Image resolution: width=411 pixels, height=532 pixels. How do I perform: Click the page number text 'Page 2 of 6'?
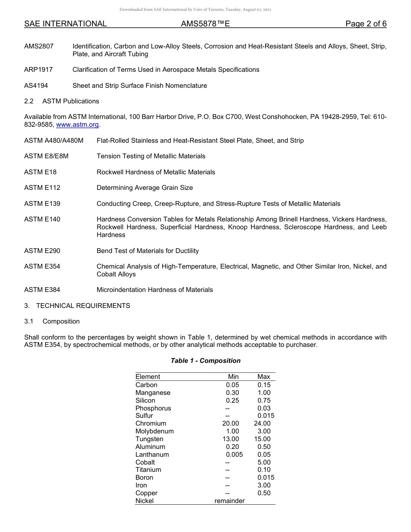[366, 24]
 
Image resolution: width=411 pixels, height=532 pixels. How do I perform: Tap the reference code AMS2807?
[39, 46]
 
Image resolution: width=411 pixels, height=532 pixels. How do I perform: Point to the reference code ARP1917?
[39, 70]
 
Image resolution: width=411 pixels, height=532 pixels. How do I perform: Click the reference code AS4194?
[36, 86]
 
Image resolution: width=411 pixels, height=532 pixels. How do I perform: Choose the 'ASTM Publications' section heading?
[71, 101]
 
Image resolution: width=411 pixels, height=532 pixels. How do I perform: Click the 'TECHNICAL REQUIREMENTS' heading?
[83, 306]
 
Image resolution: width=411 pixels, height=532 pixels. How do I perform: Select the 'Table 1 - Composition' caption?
[205, 361]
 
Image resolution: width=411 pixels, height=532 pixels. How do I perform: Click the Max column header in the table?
[263, 377]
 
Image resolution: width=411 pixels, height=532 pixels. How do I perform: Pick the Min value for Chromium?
[230, 423]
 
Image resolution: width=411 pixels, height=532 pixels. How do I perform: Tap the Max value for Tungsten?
[262, 439]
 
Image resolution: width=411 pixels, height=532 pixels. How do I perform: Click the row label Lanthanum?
[152, 455]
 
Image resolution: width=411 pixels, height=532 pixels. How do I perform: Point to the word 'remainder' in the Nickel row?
[229, 501]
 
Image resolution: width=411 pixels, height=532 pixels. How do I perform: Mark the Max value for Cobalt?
[264, 462]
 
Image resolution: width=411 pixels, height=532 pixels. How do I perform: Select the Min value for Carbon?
[232, 385]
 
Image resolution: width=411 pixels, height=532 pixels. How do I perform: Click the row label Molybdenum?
[154, 431]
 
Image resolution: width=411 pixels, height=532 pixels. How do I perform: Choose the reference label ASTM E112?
[42, 188]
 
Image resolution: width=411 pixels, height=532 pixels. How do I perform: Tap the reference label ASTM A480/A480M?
[54, 141]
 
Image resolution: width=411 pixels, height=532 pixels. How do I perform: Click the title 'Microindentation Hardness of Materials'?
[154, 290]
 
